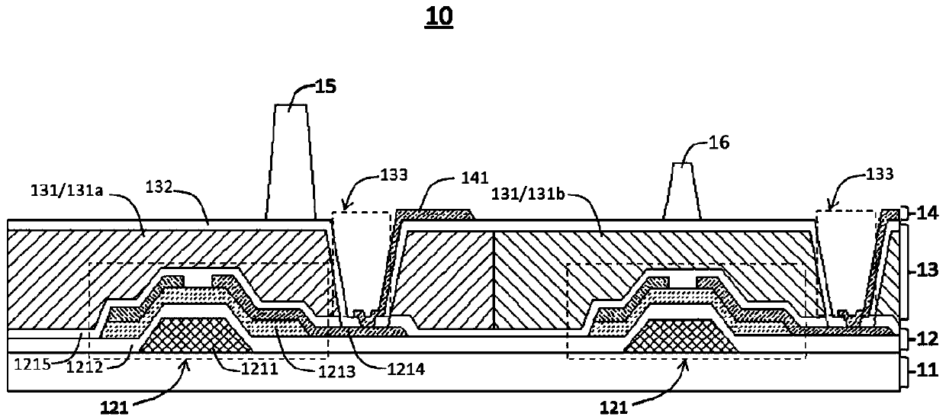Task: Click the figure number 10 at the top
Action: pos(440,18)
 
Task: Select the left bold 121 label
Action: pos(111,406)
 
